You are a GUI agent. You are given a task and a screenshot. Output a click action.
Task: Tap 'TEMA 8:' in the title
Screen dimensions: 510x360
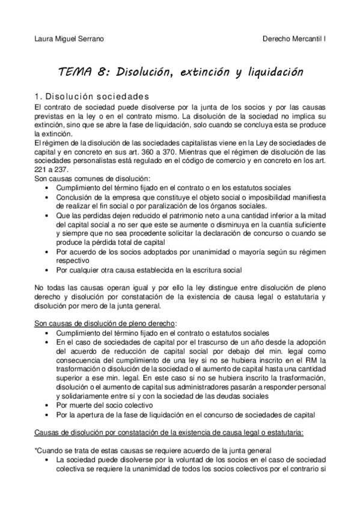click(x=85, y=72)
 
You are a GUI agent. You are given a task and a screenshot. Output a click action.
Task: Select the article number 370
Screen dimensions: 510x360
click(x=210, y=154)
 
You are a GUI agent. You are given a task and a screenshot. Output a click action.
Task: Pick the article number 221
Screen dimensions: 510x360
click(x=42, y=170)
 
